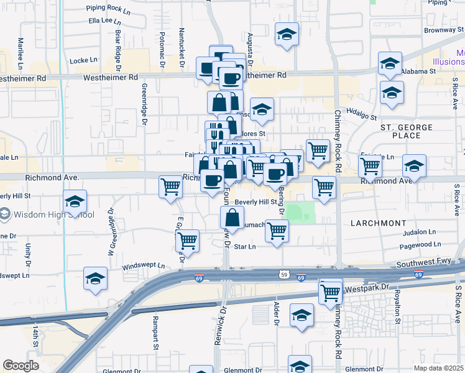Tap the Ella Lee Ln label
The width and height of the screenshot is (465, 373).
(x=104, y=21)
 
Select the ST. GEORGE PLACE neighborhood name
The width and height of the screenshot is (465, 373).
(x=410, y=131)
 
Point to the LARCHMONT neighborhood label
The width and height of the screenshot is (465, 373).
(x=378, y=223)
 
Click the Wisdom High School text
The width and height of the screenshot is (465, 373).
(x=52, y=215)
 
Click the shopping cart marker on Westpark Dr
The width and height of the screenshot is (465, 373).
(x=331, y=292)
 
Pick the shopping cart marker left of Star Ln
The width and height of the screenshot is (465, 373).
(x=187, y=241)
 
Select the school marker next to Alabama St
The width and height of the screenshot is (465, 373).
(x=390, y=63)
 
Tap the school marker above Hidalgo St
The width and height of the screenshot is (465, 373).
(x=392, y=94)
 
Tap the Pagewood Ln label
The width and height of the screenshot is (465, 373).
(x=421, y=245)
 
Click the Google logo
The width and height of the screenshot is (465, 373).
(x=21, y=365)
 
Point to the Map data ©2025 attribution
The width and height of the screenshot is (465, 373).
(x=439, y=368)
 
